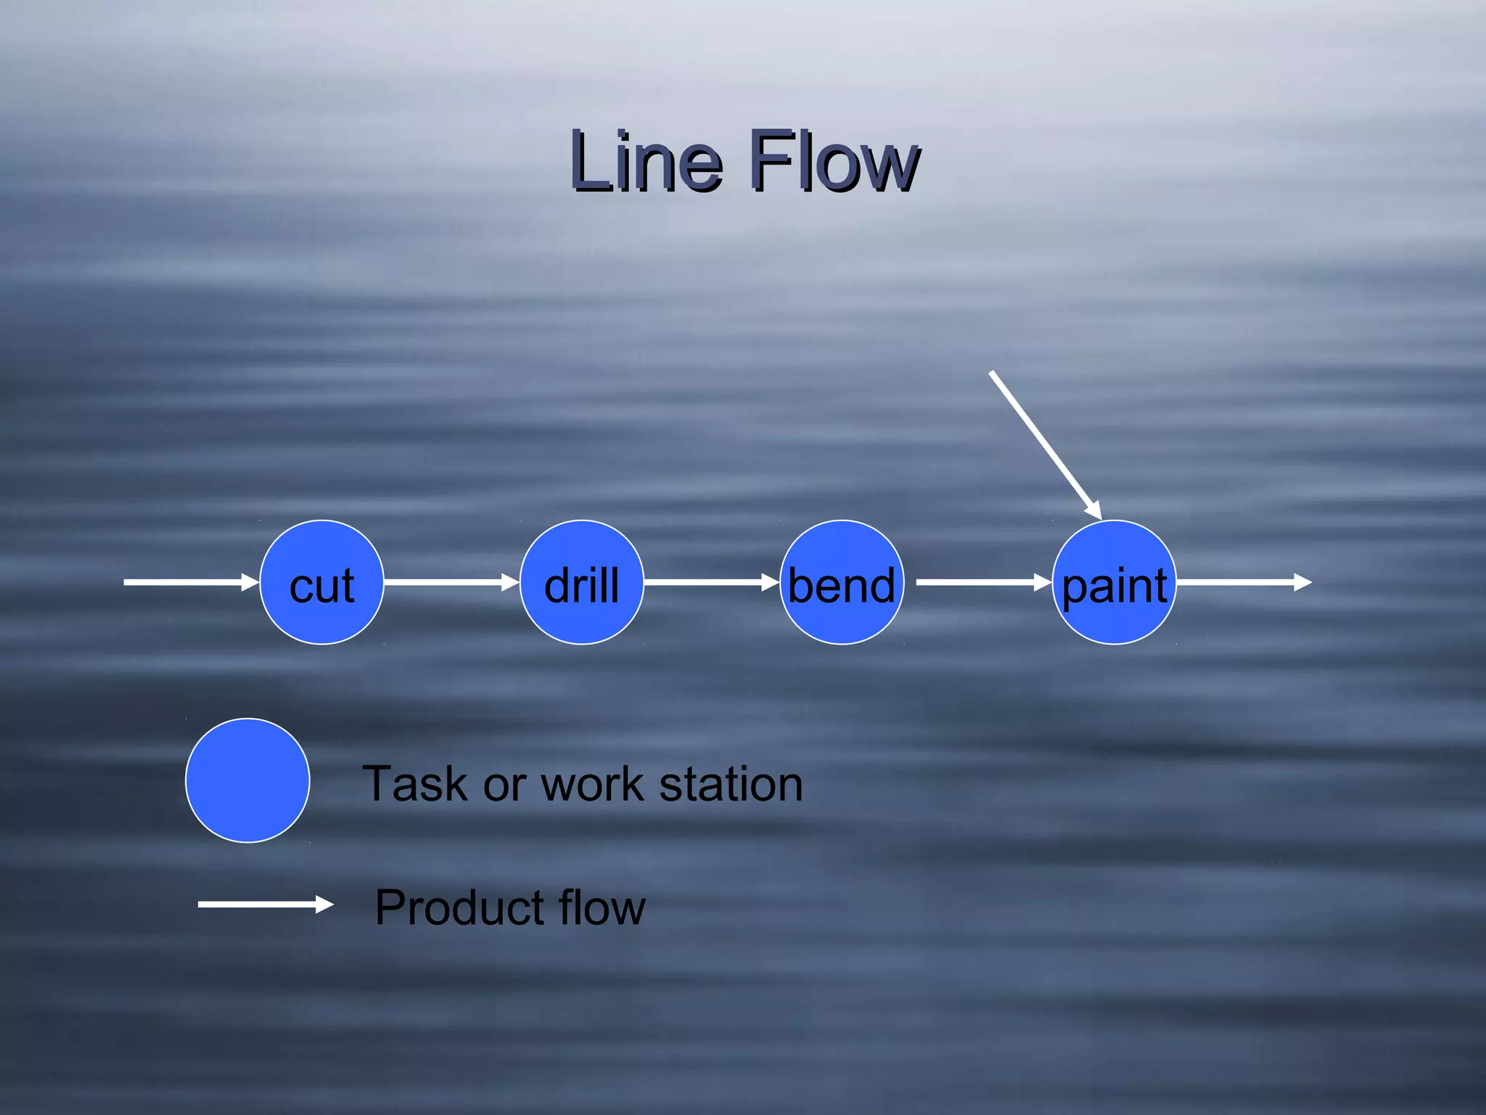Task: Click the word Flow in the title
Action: point(834,161)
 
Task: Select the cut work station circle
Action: point(321,582)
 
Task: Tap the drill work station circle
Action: point(581,582)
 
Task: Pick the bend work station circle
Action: point(842,582)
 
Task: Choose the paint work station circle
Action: point(1114,582)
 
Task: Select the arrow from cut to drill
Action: point(450,582)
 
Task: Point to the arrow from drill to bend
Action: point(710,582)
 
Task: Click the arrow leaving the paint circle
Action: point(1242,582)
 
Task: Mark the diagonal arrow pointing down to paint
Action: point(1045,444)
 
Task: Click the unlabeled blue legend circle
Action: point(247,780)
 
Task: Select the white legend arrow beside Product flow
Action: point(264,904)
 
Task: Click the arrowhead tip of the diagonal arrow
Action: point(1099,516)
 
